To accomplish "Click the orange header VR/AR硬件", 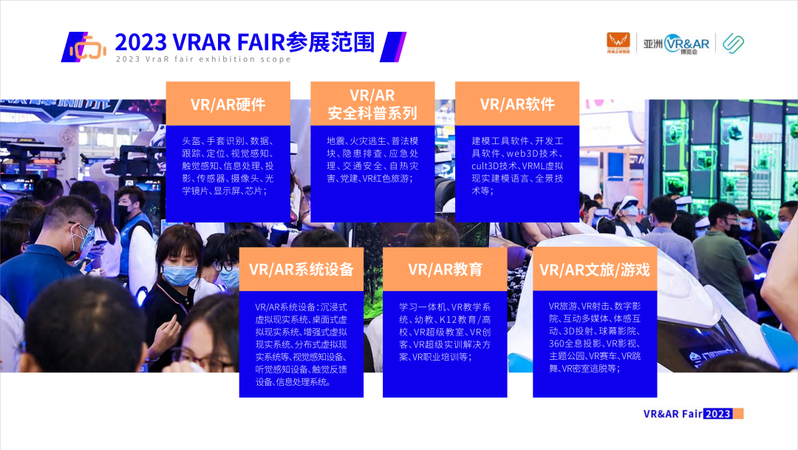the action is point(228,104).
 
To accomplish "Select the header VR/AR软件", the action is point(517,104).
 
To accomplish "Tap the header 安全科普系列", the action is point(372,113).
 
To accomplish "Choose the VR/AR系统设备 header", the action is point(301,269).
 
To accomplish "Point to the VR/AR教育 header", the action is point(445,269).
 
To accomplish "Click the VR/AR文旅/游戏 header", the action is point(594,269).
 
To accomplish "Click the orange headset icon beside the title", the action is point(88,47).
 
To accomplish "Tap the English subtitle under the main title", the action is point(203,59).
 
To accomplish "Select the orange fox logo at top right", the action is point(618,43).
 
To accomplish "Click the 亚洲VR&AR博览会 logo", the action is point(676,44).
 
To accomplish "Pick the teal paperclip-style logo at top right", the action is point(734,44).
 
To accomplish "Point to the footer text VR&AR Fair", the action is point(673,414).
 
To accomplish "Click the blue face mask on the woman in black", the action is point(179,275).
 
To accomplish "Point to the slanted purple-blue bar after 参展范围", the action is point(393,47).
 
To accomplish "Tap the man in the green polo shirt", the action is point(722,259).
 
